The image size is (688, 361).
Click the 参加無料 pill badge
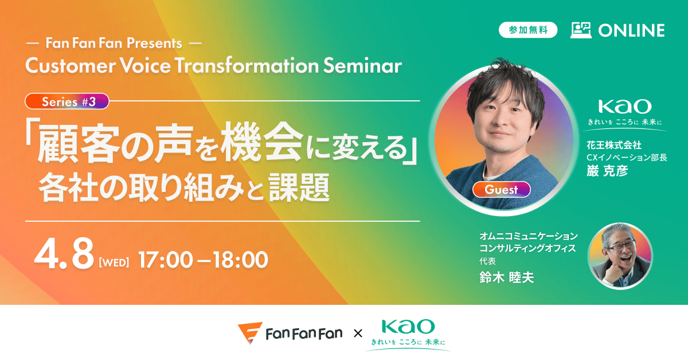[528, 30]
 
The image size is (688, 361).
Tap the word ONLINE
[631, 30]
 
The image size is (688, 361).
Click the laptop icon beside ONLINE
[581, 30]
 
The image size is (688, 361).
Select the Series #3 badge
[67, 101]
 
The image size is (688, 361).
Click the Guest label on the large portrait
[501, 190]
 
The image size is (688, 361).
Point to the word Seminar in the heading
[362, 66]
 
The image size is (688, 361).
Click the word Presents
[154, 44]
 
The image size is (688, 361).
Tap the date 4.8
[64, 254]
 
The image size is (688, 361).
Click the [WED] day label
[114, 263]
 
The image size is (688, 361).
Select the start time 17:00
[166, 260]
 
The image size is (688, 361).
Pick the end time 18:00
[240, 260]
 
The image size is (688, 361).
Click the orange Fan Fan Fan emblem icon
[250, 333]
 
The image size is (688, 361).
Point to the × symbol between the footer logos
[358, 333]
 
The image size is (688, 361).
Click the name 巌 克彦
[607, 171]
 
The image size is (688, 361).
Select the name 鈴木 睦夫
[507, 277]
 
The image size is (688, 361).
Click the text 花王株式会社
[614, 145]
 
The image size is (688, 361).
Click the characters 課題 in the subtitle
[299, 187]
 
